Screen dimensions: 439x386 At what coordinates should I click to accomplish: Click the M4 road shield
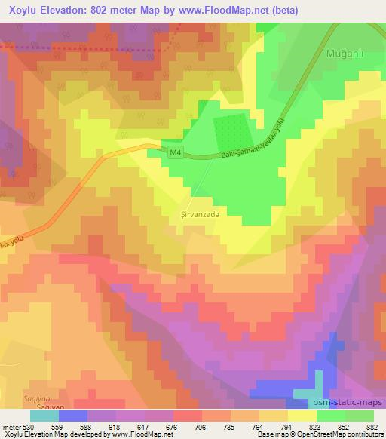(175, 153)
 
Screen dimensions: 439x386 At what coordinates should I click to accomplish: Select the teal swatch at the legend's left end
(44, 416)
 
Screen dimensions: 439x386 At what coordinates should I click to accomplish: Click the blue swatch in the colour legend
(72, 416)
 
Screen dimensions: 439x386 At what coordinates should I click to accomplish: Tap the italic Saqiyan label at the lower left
(17, 396)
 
